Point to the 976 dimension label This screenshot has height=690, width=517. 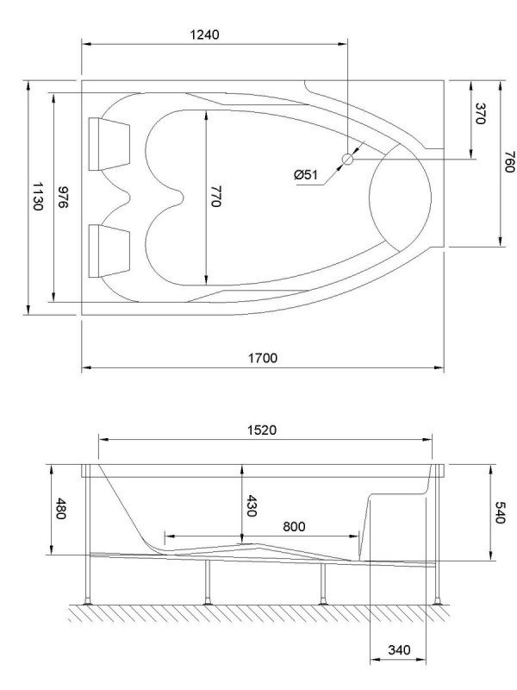tap(62, 198)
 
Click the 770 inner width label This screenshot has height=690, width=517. tap(216, 198)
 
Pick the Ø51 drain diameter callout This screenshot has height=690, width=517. tap(306, 175)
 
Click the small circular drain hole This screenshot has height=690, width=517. tap(348, 160)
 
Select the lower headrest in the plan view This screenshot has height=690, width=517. tap(109, 251)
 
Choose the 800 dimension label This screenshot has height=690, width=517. tap(296, 524)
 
